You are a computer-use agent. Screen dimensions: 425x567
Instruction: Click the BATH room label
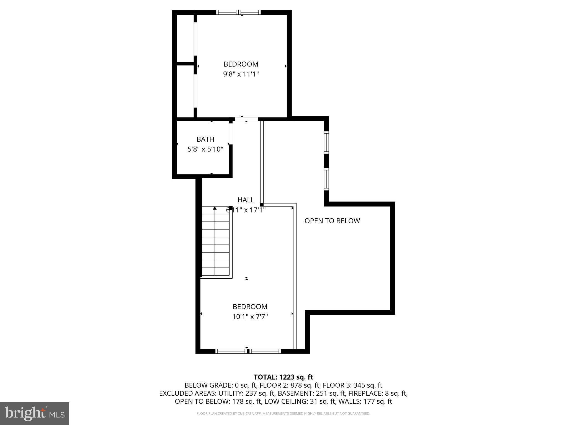point(205,139)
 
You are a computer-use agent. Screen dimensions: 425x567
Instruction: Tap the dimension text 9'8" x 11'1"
point(241,74)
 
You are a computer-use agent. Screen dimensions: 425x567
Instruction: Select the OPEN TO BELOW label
point(332,221)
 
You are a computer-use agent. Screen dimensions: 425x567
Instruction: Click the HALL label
point(246,200)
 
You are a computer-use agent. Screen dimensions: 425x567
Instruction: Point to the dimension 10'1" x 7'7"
point(250,317)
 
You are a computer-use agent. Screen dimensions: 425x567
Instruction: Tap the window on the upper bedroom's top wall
point(238,12)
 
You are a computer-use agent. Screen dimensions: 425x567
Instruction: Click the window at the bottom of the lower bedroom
point(248,351)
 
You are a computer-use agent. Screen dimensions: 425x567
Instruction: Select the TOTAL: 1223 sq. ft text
point(283,377)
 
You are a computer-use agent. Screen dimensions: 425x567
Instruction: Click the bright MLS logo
point(35,413)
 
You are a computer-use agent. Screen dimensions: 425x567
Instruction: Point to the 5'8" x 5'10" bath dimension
point(205,149)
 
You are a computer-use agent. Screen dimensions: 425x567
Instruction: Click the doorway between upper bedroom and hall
point(246,119)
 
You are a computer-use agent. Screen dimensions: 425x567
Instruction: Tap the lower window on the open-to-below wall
point(326,179)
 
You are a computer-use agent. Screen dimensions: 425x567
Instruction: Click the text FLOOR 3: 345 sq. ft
point(352,385)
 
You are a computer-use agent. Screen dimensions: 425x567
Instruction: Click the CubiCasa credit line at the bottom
point(283,413)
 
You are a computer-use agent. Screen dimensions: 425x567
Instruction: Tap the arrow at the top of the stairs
point(215,208)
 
